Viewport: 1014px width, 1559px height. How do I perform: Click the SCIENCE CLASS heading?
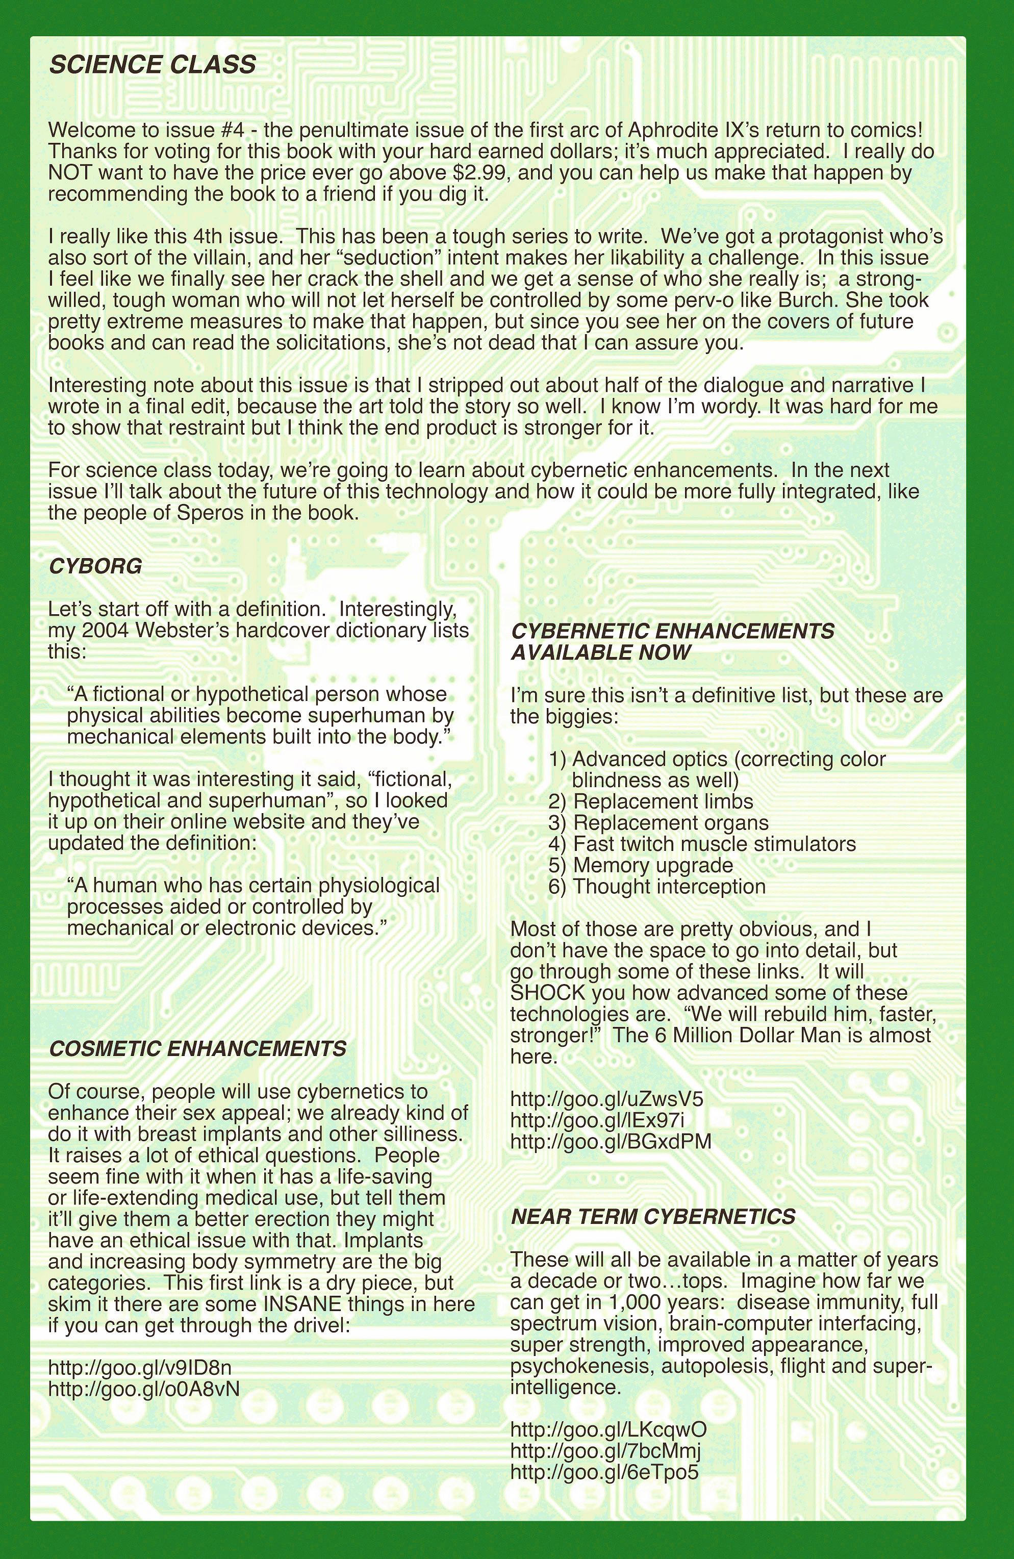click(152, 65)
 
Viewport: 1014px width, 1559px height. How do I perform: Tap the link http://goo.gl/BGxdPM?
click(611, 1141)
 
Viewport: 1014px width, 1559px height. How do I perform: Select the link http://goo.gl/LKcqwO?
click(608, 1429)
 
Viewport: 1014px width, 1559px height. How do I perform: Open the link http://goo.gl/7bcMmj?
click(605, 1450)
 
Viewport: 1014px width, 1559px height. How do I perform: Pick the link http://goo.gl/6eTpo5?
click(604, 1472)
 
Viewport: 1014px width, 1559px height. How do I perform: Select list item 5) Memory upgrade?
click(641, 865)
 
